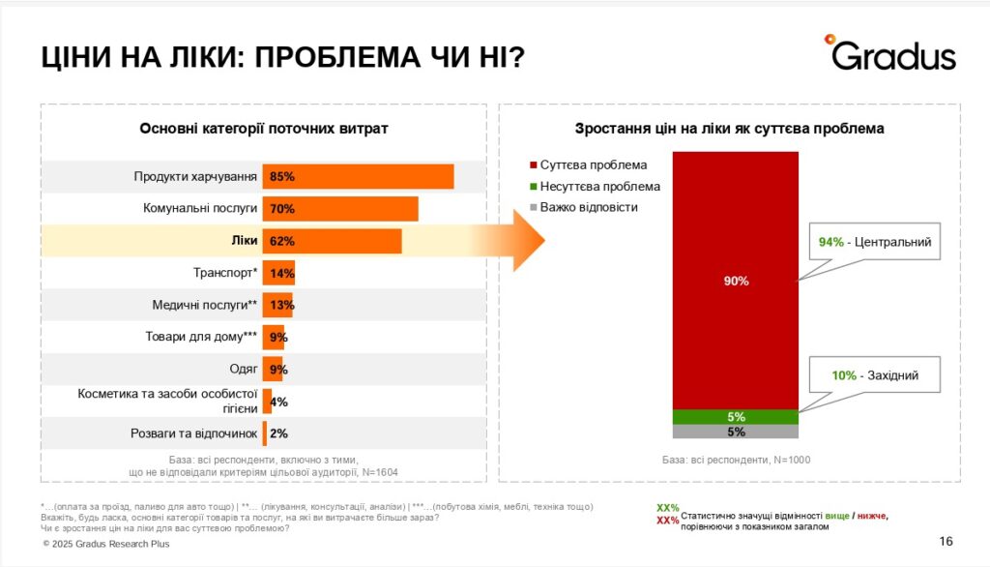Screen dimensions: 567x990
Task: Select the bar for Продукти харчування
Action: (358, 177)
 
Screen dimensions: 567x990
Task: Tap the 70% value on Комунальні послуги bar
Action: (282, 209)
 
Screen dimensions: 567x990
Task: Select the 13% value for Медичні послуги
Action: (282, 305)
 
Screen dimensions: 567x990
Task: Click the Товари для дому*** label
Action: (200, 337)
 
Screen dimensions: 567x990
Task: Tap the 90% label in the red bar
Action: (736, 281)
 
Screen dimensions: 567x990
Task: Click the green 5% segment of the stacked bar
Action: (736, 417)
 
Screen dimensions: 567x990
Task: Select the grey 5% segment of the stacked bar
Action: (736, 433)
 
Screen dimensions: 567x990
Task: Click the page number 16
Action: (946, 541)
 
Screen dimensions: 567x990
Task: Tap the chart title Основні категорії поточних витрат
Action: (263, 128)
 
